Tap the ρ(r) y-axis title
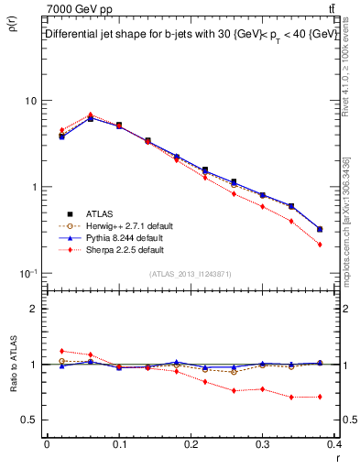(12, 28)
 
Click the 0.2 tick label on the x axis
(191, 444)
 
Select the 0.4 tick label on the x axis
(334, 444)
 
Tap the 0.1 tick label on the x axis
(119, 444)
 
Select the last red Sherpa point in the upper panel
(320, 245)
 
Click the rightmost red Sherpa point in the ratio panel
(320, 397)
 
